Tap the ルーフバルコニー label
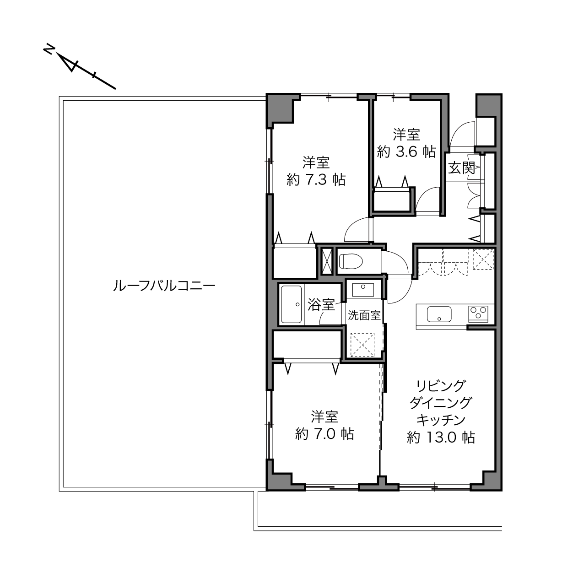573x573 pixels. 164,286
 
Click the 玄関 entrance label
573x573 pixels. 461,168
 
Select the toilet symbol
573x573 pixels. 351,261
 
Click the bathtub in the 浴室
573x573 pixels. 292,304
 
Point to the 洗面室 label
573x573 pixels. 364,315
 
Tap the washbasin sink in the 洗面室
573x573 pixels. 363,290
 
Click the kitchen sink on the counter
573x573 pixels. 439,314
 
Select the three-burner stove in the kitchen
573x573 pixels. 478,314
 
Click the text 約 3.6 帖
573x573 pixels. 406,152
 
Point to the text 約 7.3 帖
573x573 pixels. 316,180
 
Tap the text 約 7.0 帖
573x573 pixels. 324,434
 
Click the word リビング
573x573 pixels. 441,386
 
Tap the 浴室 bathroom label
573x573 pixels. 321,304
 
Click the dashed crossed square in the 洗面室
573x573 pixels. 362,345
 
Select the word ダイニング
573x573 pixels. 441,403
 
